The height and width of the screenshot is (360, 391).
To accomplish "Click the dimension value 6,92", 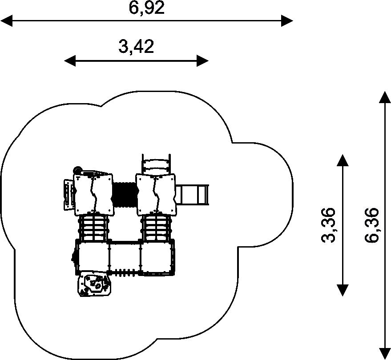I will (x=147, y=8).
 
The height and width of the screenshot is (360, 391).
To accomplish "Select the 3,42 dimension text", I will (x=136, y=46).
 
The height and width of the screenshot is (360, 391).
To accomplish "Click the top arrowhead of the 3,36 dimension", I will (x=342, y=160).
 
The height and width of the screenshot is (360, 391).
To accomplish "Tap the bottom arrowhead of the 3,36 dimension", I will (x=342, y=290).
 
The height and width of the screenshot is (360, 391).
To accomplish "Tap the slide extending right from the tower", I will (x=193, y=194).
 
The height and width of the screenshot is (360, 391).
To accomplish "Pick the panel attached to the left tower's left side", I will (x=68, y=194).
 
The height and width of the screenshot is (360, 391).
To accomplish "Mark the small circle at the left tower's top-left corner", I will (x=77, y=170).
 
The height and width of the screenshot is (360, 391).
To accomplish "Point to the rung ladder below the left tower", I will (x=94, y=228).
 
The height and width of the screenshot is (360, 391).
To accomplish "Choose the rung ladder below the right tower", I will (x=156, y=228).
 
